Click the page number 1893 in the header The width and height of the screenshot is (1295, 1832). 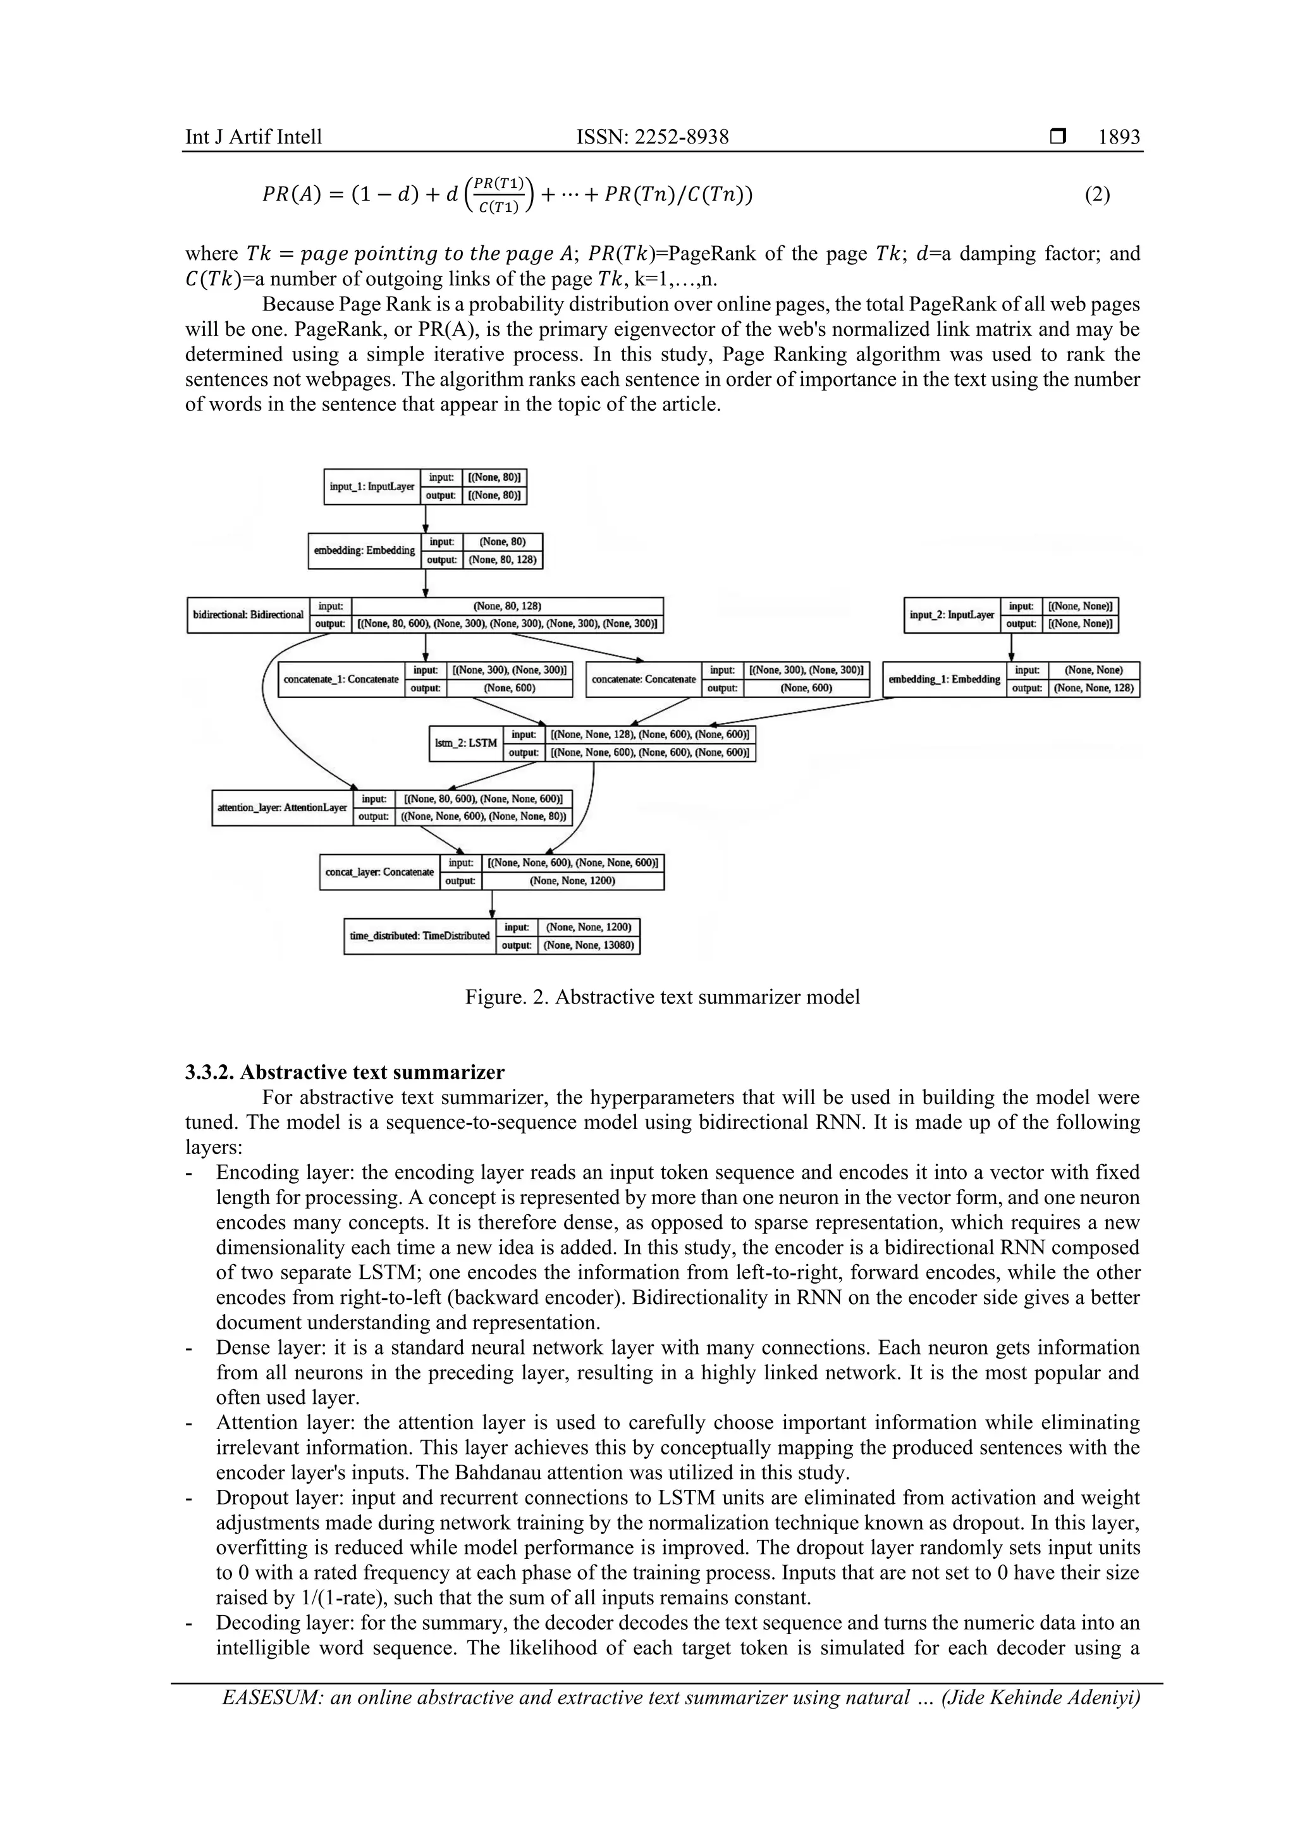point(1119,137)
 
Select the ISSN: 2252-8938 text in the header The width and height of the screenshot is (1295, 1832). point(652,137)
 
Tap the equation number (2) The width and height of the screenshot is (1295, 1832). point(1097,194)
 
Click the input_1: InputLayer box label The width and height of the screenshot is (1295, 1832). point(372,487)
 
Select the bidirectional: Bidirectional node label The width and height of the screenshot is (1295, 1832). point(248,615)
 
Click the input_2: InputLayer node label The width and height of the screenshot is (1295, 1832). point(952,615)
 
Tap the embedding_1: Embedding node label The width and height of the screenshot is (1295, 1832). point(944,680)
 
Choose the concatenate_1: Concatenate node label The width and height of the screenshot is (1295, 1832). point(341,680)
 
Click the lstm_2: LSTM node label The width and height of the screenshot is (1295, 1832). point(466,743)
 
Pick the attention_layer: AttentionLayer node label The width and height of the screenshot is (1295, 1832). point(281,808)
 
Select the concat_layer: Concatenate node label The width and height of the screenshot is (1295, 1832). point(379,872)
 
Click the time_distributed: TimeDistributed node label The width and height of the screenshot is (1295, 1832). point(420,936)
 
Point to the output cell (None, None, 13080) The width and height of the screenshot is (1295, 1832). point(588,945)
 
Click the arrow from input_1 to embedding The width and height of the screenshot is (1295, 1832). point(426,519)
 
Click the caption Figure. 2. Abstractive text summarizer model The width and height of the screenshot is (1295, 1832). point(662,997)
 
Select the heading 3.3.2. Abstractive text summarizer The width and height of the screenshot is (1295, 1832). point(345,1072)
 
